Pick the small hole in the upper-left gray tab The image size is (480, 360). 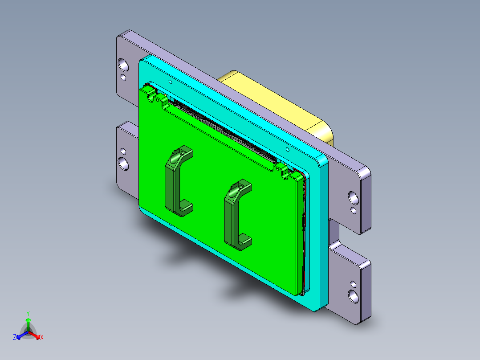click(124, 78)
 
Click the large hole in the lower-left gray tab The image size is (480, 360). click(123, 163)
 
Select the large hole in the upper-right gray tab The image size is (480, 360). click(353, 196)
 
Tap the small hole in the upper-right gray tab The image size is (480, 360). click(354, 209)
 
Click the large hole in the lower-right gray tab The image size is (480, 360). click(354, 295)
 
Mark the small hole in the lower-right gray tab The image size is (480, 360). click(354, 283)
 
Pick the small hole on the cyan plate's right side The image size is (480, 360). click(287, 150)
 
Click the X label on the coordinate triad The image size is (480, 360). click(42, 337)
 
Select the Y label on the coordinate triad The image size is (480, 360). click(28, 313)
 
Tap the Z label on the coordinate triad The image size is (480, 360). click(15, 337)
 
